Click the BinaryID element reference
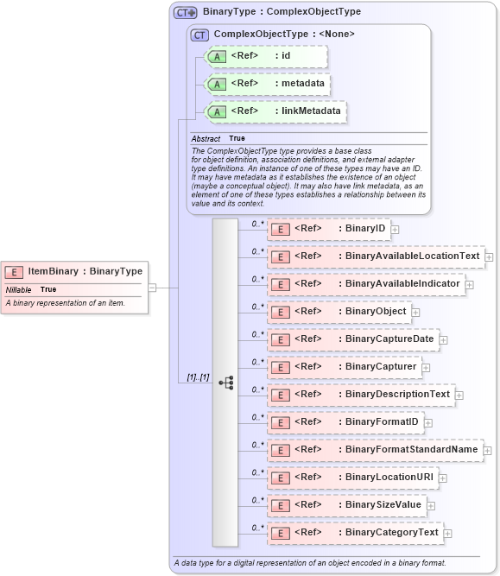pos(329,229)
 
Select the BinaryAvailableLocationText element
pos(376,256)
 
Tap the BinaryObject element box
pos(339,312)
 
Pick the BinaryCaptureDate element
pos(352,339)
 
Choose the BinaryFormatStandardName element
pos(375,450)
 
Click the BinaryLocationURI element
pos(351,478)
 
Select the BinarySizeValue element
pos(346,505)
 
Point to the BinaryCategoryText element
pos(355,533)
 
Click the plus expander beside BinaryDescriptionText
pos(459,396)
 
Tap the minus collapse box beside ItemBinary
pos(152,288)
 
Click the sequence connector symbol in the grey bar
pos(225,382)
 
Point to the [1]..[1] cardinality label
pos(198,377)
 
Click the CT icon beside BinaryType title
pos(186,13)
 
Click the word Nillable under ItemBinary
pos(19,289)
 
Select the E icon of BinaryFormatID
pos(280,423)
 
